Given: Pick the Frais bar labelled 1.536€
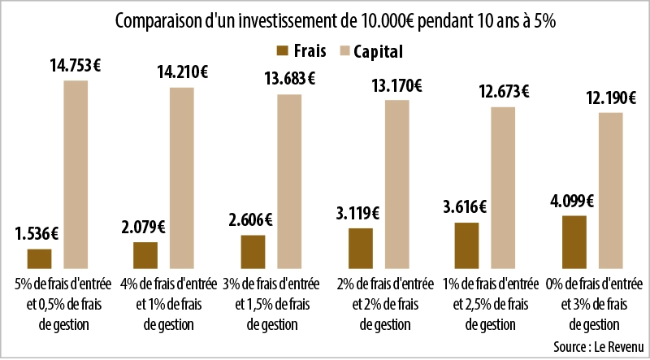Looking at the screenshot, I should pos(40,258).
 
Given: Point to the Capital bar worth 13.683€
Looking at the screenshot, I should pos(289,180).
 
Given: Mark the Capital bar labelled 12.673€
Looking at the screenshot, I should pos(504,187).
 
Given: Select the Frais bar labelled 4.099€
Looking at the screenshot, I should pos(574,241).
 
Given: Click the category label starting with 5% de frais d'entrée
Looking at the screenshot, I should pos(63,304).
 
